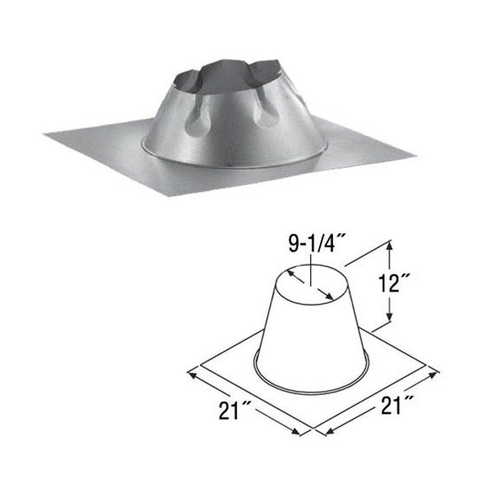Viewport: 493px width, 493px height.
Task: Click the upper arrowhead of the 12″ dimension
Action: [x=391, y=247]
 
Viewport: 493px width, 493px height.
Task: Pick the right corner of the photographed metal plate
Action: [x=415, y=154]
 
